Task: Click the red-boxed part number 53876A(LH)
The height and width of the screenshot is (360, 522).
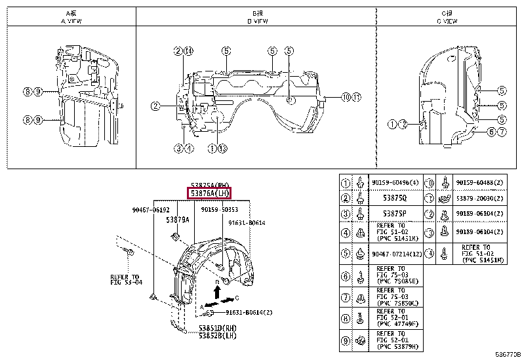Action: pos(210,194)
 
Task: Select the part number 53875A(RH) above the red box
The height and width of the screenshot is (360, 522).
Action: pos(210,185)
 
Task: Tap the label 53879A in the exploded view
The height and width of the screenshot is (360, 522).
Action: pos(178,220)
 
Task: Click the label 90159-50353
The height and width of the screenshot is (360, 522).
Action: pos(219,209)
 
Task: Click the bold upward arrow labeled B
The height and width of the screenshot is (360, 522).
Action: pos(217,290)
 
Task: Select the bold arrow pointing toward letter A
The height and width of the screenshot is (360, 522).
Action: pos(211,304)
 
